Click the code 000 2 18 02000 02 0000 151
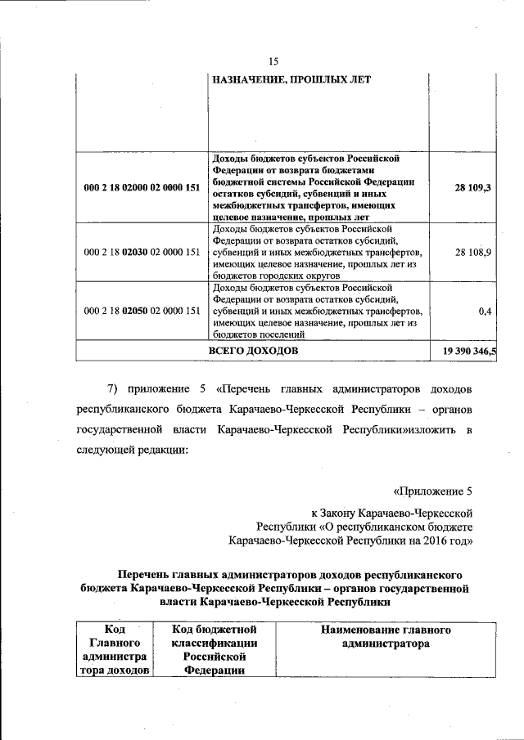coord(142,187)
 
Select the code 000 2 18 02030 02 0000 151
coord(142,253)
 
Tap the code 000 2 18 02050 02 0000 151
coord(142,311)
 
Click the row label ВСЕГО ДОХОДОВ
coord(253,351)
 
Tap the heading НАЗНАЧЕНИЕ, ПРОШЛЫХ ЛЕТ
coord(291,79)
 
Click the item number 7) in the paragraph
coord(115,386)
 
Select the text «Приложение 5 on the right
coord(433,491)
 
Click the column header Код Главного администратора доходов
coord(115,650)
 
